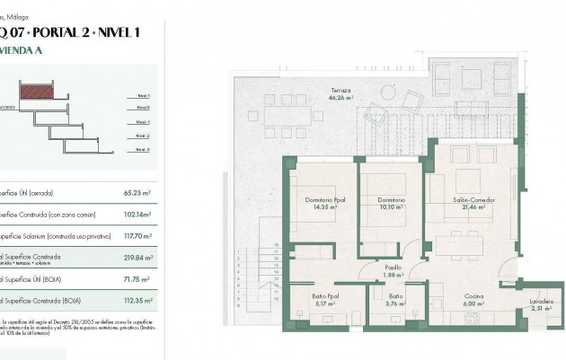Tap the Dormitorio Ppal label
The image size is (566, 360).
coord(322,199)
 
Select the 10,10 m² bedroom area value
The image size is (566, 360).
coord(389,206)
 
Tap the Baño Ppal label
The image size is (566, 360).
coord(325,295)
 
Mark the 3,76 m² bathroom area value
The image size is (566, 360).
coord(396,303)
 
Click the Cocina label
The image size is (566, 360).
coord(474,295)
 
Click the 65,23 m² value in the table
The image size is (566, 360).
coord(137,192)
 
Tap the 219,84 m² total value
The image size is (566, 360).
coord(137,258)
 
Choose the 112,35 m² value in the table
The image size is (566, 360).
coord(137,302)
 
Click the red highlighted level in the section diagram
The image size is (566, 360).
coord(37,91)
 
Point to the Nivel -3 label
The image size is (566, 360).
coord(143,149)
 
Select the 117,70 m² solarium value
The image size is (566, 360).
coord(137,236)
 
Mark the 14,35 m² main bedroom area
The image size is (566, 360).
coord(322,206)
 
